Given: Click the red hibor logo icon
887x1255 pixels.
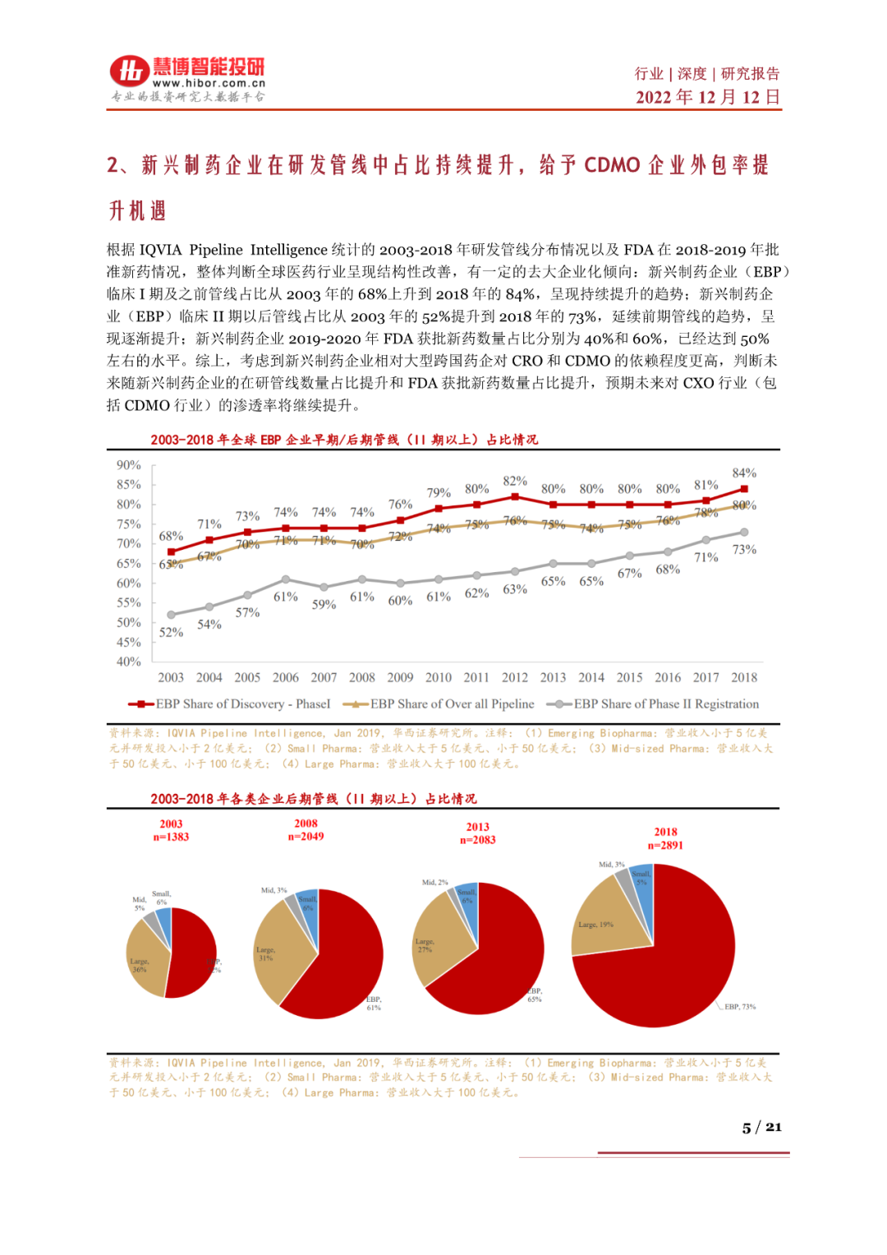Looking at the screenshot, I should click(x=130, y=71).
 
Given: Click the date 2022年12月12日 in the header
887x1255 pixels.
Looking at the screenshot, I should click(x=707, y=97).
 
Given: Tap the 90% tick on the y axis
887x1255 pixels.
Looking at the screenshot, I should click(x=128, y=465).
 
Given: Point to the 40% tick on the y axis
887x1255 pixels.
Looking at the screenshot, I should click(x=128, y=662).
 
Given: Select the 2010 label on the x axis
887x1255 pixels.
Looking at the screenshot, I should click(x=438, y=677).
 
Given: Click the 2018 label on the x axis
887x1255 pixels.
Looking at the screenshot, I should click(x=744, y=677).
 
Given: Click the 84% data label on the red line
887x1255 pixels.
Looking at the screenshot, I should click(x=744, y=473).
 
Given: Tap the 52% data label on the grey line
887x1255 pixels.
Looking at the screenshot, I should click(x=171, y=632).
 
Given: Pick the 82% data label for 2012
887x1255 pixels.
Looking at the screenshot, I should click(x=515, y=481).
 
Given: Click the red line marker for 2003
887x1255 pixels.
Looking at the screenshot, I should click(x=171, y=552).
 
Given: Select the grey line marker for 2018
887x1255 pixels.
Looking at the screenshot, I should click(x=744, y=533).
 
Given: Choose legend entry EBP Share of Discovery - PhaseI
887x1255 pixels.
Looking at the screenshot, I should click(x=230, y=704).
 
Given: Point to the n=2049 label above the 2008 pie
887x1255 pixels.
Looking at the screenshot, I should click(x=306, y=837).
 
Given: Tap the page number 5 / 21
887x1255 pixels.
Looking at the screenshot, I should click(x=761, y=1127).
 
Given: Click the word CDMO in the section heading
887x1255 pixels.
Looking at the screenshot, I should click(x=612, y=165).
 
